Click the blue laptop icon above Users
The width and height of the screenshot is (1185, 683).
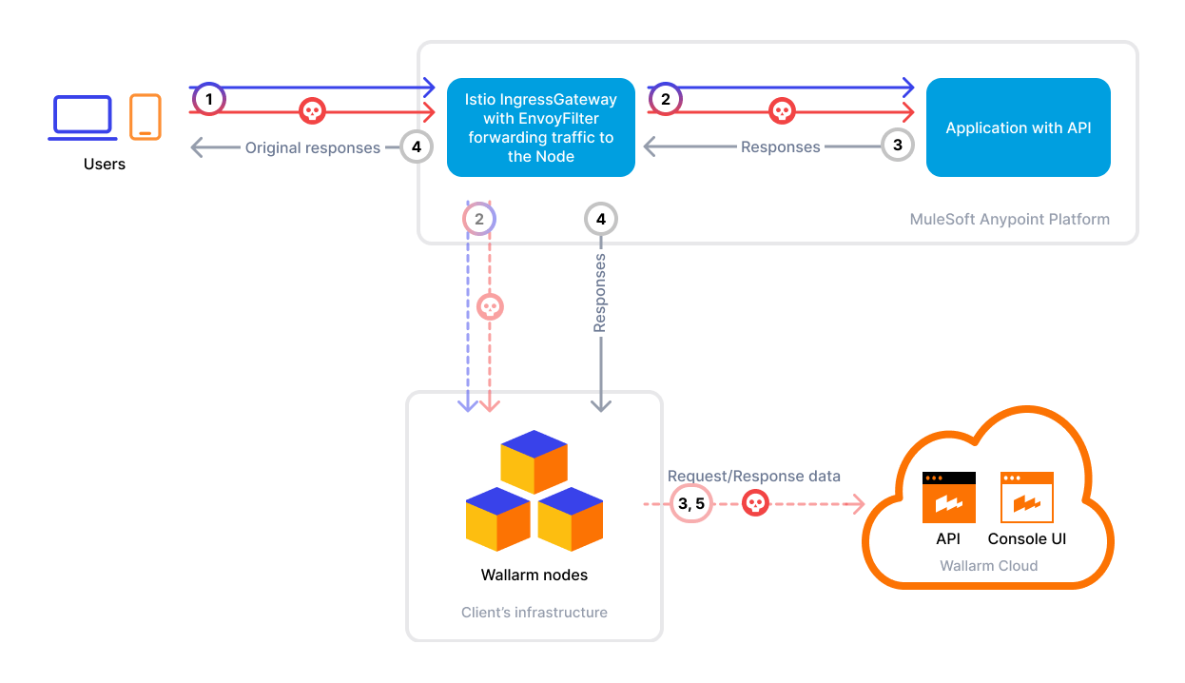(x=82, y=117)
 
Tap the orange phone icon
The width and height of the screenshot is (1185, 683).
(x=146, y=116)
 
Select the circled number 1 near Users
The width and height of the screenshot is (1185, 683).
(x=209, y=99)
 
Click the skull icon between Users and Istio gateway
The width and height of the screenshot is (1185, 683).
(x=312, y=111)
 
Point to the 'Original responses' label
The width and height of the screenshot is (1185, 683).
(x=312, y=147)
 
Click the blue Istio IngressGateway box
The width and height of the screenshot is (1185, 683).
(x=540, y=127)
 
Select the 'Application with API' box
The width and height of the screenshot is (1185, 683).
(x=1018, y=127)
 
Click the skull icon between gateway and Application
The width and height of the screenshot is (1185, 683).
(x=781, y=111)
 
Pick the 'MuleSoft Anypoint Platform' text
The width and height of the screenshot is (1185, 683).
(x=1009, y=219)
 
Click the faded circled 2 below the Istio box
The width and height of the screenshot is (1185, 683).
(x=479, y=219)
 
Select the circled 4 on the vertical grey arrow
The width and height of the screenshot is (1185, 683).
(x=600, y=219)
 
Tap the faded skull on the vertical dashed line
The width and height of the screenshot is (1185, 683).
(x=490, y=307)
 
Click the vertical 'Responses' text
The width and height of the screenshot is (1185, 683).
(x=600, y=293)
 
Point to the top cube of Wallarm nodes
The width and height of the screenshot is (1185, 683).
(x=534, y=461)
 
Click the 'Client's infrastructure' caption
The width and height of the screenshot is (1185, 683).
(x=534, y=613)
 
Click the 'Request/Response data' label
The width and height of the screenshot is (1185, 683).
(x=753, y=476)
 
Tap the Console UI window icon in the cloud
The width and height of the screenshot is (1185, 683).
(x=1026, y=497)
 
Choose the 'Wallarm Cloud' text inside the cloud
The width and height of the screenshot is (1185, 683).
(x=988, y=565)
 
